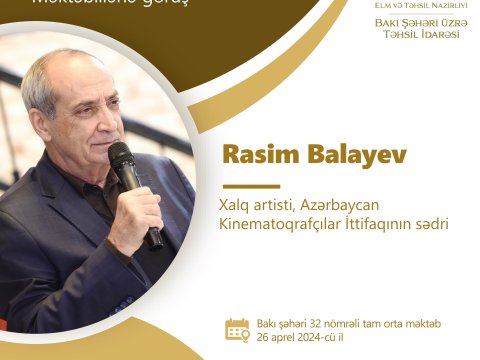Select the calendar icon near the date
point(237,330)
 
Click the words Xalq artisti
point(258,204)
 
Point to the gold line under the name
point(250,186)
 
